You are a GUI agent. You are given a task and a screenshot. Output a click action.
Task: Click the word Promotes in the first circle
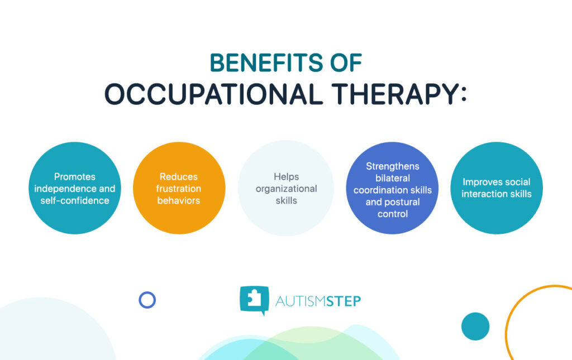point(75,177)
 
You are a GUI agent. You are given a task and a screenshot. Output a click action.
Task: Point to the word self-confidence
point(75,200)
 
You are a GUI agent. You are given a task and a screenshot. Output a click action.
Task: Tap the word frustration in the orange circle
point(179,189)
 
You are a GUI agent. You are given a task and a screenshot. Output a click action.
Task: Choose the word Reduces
point(179,177)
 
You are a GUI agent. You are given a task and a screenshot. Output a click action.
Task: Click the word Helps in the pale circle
point(286,177)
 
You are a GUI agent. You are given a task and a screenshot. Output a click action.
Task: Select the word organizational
point(286,189)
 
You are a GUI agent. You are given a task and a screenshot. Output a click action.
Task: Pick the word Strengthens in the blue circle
point(393,166)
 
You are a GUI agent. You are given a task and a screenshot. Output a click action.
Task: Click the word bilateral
point(393,178)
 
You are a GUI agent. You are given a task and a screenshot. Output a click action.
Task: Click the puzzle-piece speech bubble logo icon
point(254,300)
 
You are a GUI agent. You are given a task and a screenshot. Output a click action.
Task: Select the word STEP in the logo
point(344,301)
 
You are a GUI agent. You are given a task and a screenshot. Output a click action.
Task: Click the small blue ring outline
point(147,300)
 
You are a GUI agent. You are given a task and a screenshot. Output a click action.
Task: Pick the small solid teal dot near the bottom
point(475,326)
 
